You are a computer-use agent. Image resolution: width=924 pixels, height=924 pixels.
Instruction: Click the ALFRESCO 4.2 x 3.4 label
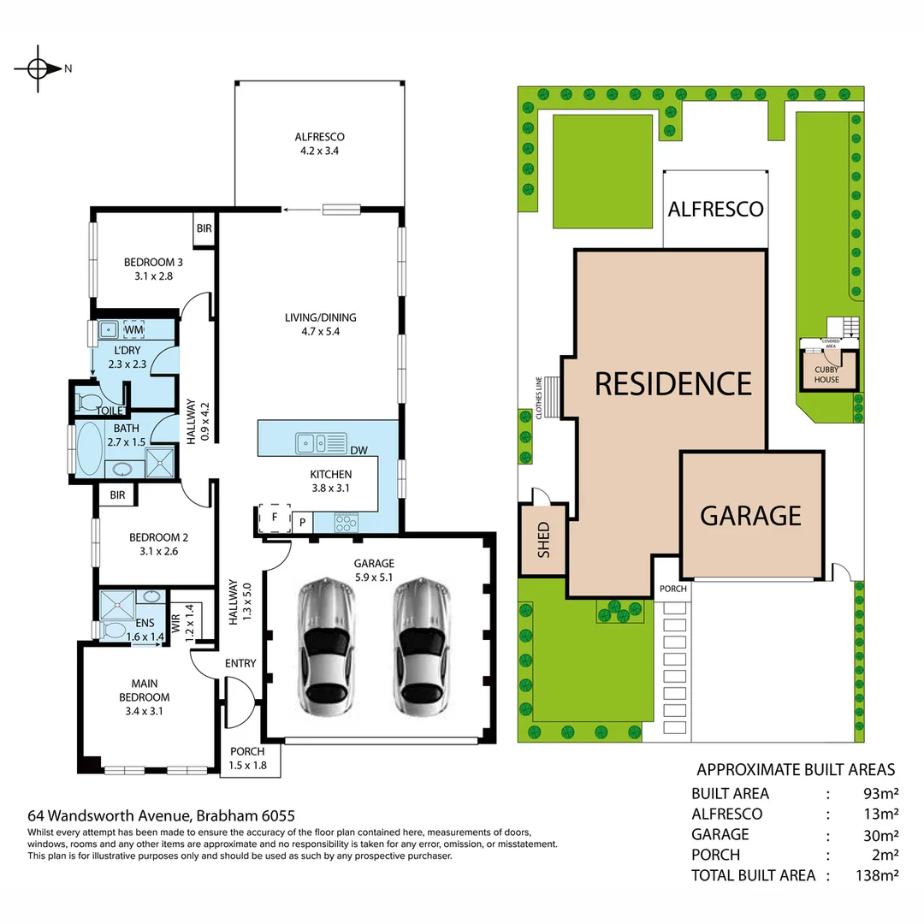(319, 144)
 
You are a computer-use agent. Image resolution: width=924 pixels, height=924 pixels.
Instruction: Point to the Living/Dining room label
(320, 324)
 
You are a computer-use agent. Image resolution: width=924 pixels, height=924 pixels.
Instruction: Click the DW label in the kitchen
(359, 450)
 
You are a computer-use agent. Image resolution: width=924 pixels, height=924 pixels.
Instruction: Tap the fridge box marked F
(274, 518)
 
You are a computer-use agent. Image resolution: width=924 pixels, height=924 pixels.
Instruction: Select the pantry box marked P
(302, 521)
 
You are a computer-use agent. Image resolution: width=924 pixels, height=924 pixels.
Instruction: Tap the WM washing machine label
(133, 329)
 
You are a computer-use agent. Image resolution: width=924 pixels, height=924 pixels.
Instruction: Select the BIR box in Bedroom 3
(204, 228)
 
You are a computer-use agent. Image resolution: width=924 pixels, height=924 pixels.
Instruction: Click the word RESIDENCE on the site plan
(672, 382)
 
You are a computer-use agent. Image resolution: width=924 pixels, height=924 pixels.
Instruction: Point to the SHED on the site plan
(542, 539)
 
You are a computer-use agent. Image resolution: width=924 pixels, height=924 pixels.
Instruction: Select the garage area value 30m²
(880, 834)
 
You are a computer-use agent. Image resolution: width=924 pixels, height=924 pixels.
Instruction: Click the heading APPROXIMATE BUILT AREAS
(796, 769)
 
